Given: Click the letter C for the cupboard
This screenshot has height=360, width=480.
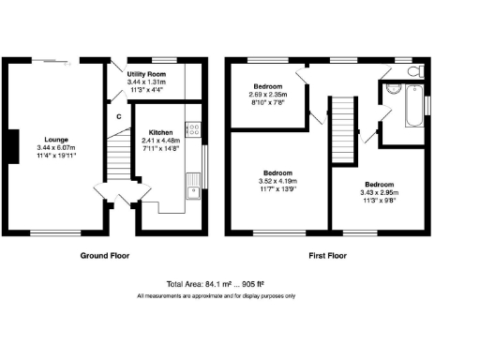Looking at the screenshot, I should coord(118,116).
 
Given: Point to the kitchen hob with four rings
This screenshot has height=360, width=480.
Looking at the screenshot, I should coord(191,131).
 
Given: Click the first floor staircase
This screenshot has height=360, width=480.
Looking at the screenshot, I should coord(346,122).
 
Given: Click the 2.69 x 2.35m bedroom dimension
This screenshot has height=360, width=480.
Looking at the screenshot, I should coord(270,95).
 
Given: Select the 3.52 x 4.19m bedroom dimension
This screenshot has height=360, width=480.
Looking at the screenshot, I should coord(277,183).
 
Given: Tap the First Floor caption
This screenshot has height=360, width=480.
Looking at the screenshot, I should coord(328,255).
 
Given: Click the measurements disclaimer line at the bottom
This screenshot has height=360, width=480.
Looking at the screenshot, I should coord(216,296).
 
